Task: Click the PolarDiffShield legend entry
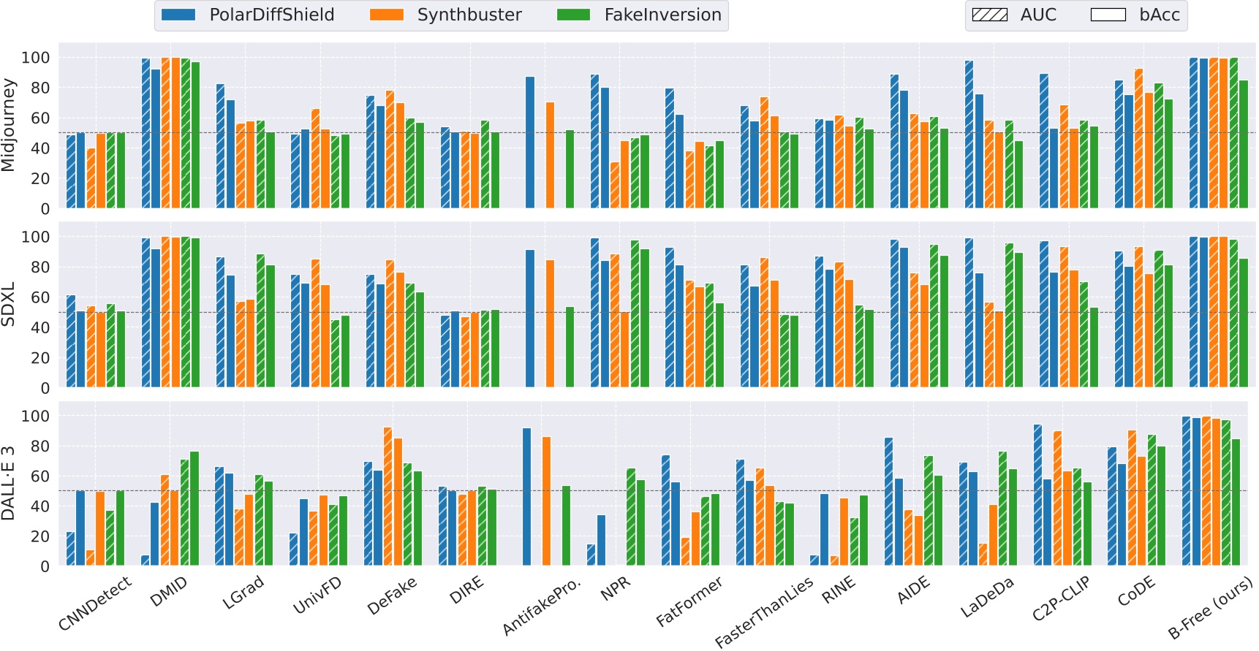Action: pos(249,15)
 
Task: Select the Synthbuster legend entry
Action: pos(447,15)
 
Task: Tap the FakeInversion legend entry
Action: pos(640,15)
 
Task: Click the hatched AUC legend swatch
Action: pos(989,15)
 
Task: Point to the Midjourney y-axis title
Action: pos(9,125)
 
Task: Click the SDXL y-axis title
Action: pos(9,305)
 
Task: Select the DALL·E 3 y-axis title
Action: pos(9,484)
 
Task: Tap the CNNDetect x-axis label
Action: pos(95,604)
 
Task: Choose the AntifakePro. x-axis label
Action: pos(542,606)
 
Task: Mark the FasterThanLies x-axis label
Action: pos(764,612)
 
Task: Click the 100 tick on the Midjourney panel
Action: pos(35,58)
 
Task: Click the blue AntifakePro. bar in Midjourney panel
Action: pos(530,142)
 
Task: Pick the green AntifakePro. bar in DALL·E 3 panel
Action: pos(566,525)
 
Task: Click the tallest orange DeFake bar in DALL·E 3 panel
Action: pos(387,497)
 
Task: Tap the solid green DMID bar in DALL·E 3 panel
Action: pos(194,509)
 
